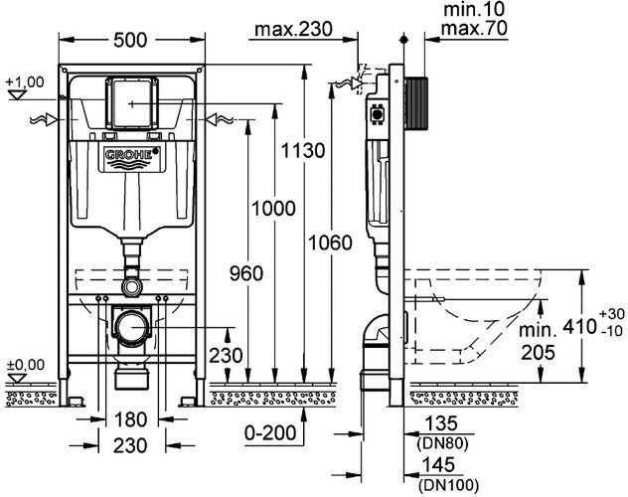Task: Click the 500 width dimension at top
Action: (132, 40)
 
